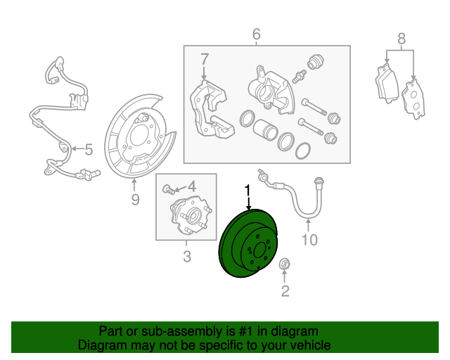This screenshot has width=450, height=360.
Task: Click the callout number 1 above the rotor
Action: click(x=247, y=190)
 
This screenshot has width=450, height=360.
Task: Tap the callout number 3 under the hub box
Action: click(x=187, y=257)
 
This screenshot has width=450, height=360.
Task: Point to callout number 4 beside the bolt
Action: click(x=191, y=187)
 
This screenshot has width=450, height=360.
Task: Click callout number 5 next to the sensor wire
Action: click(x=89, y=149)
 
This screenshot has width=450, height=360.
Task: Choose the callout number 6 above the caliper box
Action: click(x=256, y=34)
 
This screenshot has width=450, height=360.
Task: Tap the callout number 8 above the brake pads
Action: click(x=401, y=39)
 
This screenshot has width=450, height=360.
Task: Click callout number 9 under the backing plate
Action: click(x=135, y=200)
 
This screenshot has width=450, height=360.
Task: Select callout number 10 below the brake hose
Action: click(x=309, y=240)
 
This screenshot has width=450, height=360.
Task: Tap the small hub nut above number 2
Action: click(x=285, y=264)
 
